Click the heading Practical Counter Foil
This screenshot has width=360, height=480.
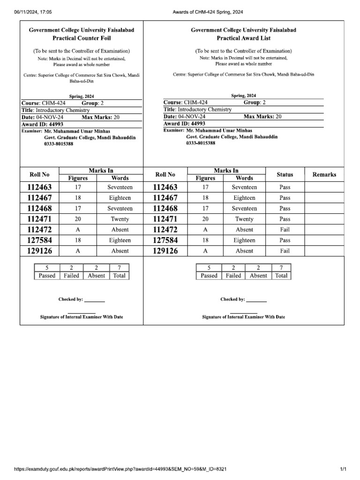click(82, 38)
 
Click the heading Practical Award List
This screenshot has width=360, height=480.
click(243, 38)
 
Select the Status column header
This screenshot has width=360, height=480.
click(285, 174)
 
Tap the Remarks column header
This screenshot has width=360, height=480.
click(324, 174)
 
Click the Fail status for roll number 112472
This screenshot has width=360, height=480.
click(285, 230)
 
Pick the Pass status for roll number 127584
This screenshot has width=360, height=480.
click(285, 240)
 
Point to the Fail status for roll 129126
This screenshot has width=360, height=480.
click(285, 251)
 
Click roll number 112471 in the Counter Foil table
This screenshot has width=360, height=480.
click(39, 219)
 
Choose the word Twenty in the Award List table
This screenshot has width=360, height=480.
click(244, 219)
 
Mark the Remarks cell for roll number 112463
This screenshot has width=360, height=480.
click(324, 187)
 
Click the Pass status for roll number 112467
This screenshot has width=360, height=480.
click(285, 198)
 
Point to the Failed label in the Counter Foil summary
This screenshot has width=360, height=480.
click(71, 276)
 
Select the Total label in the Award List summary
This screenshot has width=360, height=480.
click(281, 276)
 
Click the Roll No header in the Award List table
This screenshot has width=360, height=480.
click(165, 174)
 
